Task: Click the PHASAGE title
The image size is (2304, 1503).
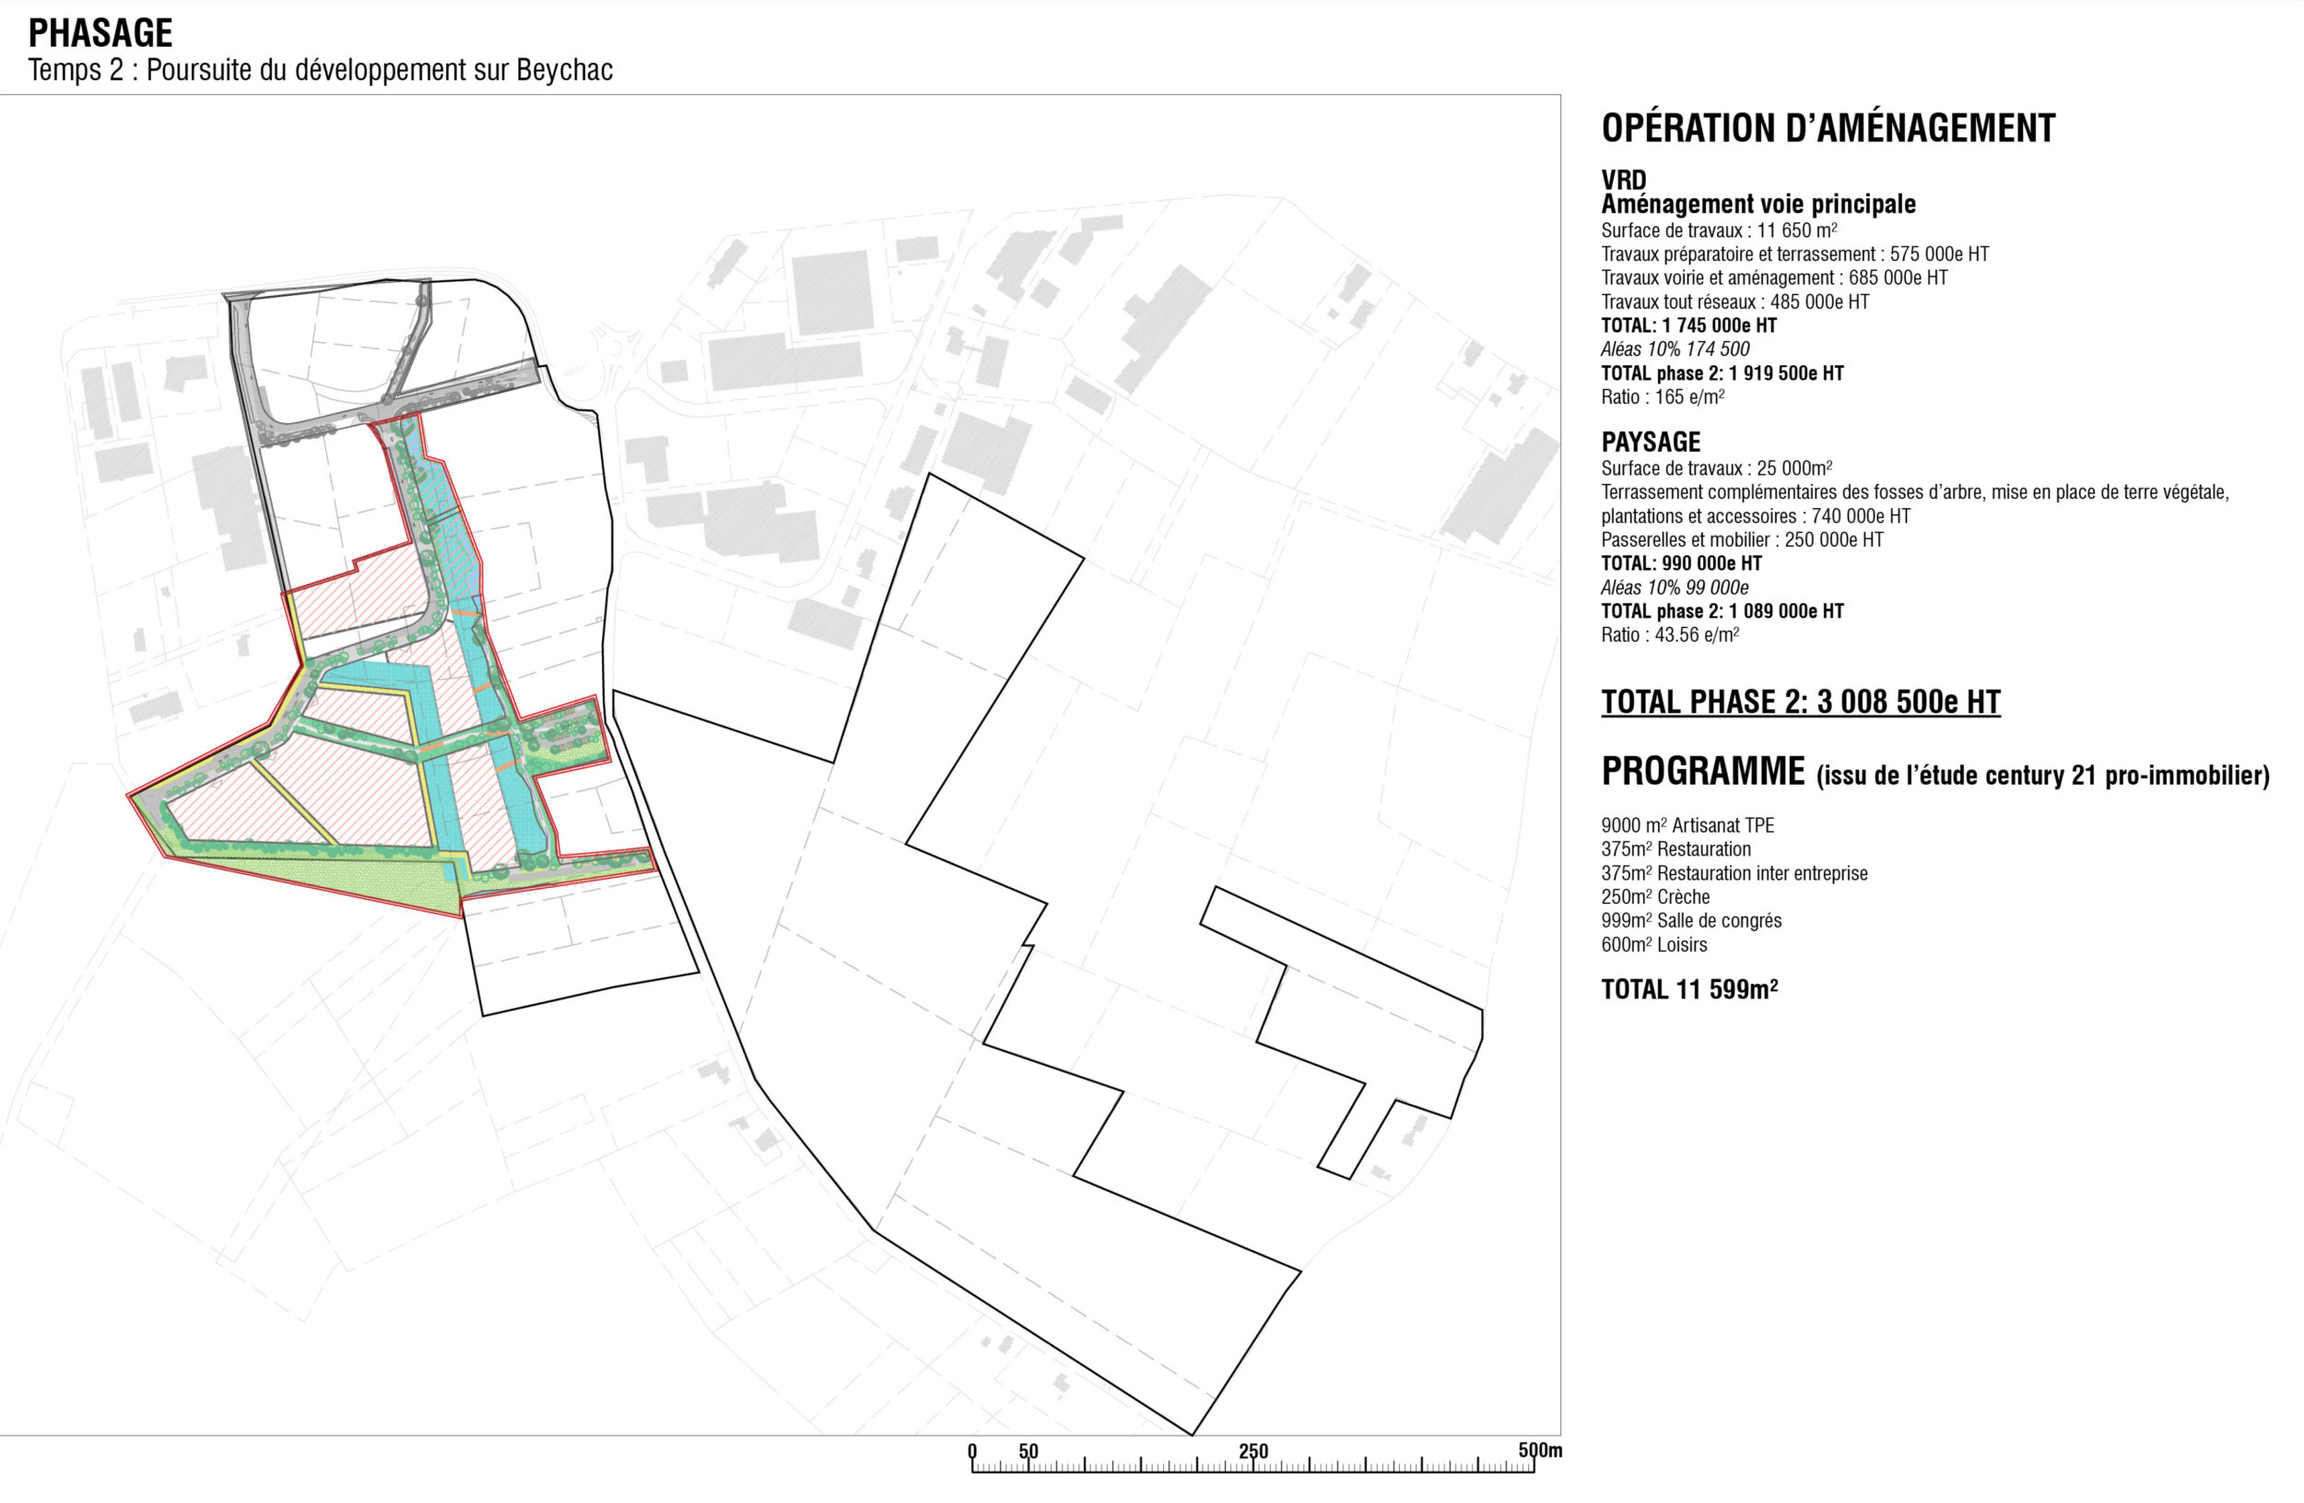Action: point(100,33)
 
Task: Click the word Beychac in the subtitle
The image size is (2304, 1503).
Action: point(564,70)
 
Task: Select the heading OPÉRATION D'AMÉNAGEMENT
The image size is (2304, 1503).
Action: point(1828,128)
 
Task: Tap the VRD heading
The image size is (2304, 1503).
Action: point(1624,180)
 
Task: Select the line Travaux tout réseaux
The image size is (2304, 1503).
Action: point(1734,302)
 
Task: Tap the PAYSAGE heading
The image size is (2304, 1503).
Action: point(1651,443)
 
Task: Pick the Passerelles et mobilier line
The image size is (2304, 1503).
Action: point(1743,539)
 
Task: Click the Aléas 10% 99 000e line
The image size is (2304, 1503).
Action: point(1675,586)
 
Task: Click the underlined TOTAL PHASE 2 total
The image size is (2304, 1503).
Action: point(1801,702)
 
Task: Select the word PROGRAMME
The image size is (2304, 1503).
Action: point(1703,771)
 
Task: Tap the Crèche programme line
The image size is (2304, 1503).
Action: point(1655,897)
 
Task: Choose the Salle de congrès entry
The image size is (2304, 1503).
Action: point(1691,921)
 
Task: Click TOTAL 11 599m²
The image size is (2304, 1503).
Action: point(1689,988)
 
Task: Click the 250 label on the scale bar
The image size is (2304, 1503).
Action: point(1252,1450)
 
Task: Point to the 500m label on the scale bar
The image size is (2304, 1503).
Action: point(1540,1450)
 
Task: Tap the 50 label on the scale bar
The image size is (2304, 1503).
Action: point(1029,1450)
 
